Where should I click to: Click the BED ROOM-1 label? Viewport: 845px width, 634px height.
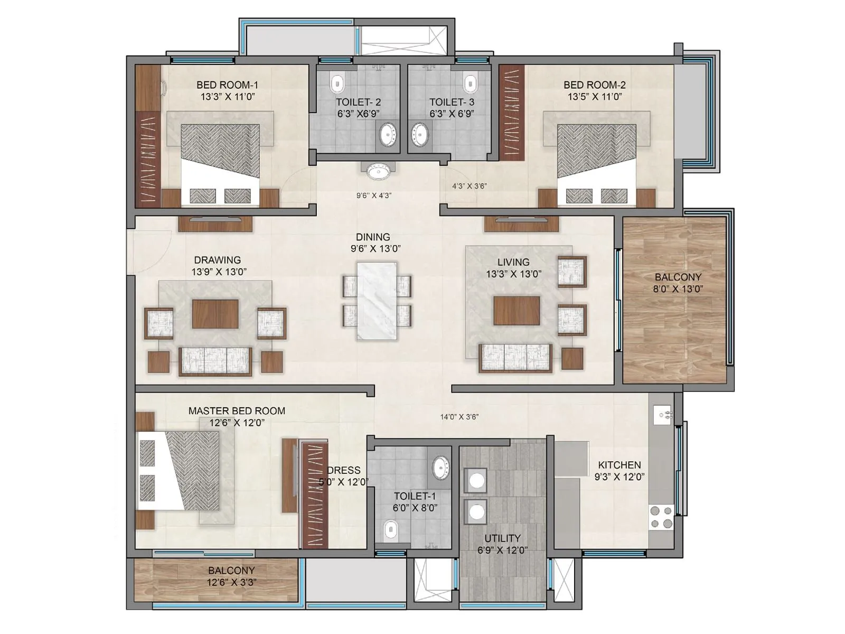(x=227, y=85)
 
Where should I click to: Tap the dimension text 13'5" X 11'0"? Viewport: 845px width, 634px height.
(x=595, y=97)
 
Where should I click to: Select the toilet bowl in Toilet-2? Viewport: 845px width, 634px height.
(x=337, y=83)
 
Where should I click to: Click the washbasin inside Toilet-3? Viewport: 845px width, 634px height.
(x=421, y=134)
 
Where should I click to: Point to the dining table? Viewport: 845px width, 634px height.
(x=377, y=301)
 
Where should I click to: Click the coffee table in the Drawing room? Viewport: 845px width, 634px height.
(x=215, y=314)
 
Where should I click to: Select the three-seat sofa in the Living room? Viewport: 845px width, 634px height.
(x=515, y=358)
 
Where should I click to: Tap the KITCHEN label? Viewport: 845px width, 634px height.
(x=619, y=465)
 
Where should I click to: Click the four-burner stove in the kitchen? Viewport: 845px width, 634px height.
(x=661, y=517)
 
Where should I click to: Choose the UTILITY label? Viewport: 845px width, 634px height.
(x=502, y=538)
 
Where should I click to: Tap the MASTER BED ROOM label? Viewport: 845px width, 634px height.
(x=237, y=411)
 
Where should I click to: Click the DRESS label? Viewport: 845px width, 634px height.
(x=344, y=470)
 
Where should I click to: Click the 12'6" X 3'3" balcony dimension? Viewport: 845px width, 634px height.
(x=231, y=582)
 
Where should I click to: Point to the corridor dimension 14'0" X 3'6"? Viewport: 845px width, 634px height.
(x=459, y=417)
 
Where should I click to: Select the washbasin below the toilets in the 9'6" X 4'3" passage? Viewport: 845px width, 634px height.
(x=378, y=172)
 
